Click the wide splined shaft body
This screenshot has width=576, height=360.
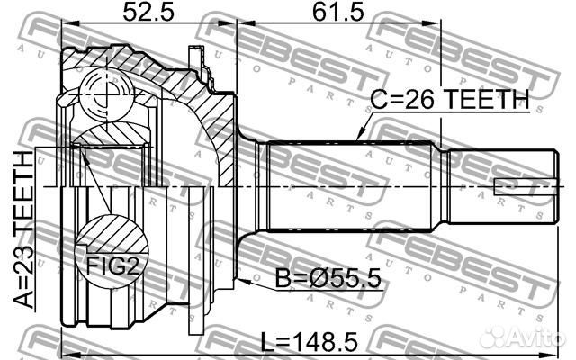(351, 186)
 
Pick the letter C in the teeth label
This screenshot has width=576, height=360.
(379, 102)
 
